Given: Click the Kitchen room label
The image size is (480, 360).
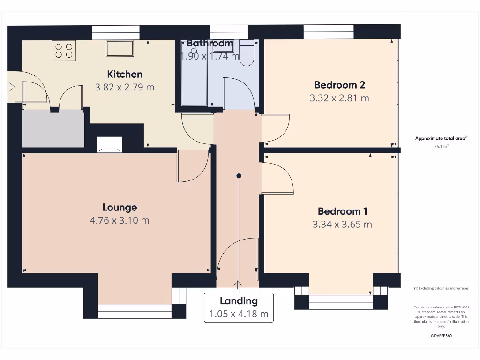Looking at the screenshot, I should pos(125,74).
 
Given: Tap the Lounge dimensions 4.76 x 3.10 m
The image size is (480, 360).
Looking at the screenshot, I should pos(120,220).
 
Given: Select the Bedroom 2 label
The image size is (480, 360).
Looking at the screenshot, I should pos(339,85).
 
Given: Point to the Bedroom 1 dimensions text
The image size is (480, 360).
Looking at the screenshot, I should pos(342,225).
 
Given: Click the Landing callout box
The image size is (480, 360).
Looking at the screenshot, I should pos(239,307).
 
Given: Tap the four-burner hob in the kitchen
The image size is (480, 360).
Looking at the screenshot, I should pos(64,51).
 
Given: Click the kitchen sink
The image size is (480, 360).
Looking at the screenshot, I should pos(120,48).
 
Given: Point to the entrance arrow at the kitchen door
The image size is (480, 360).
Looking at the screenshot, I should pos(11,87).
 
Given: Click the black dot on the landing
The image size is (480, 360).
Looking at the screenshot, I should pos(239,176).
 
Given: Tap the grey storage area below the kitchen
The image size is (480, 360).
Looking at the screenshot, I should pos(53,128).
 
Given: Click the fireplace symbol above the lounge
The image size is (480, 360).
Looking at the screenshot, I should pos(109,145).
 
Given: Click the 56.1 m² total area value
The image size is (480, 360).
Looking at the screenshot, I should pos(442,147).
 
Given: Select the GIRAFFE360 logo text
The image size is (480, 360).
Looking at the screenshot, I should pos(441,336).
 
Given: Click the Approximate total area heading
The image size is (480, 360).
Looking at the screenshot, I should pos(441,138).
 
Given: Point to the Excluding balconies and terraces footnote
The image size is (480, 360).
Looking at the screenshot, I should pos(441,288).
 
